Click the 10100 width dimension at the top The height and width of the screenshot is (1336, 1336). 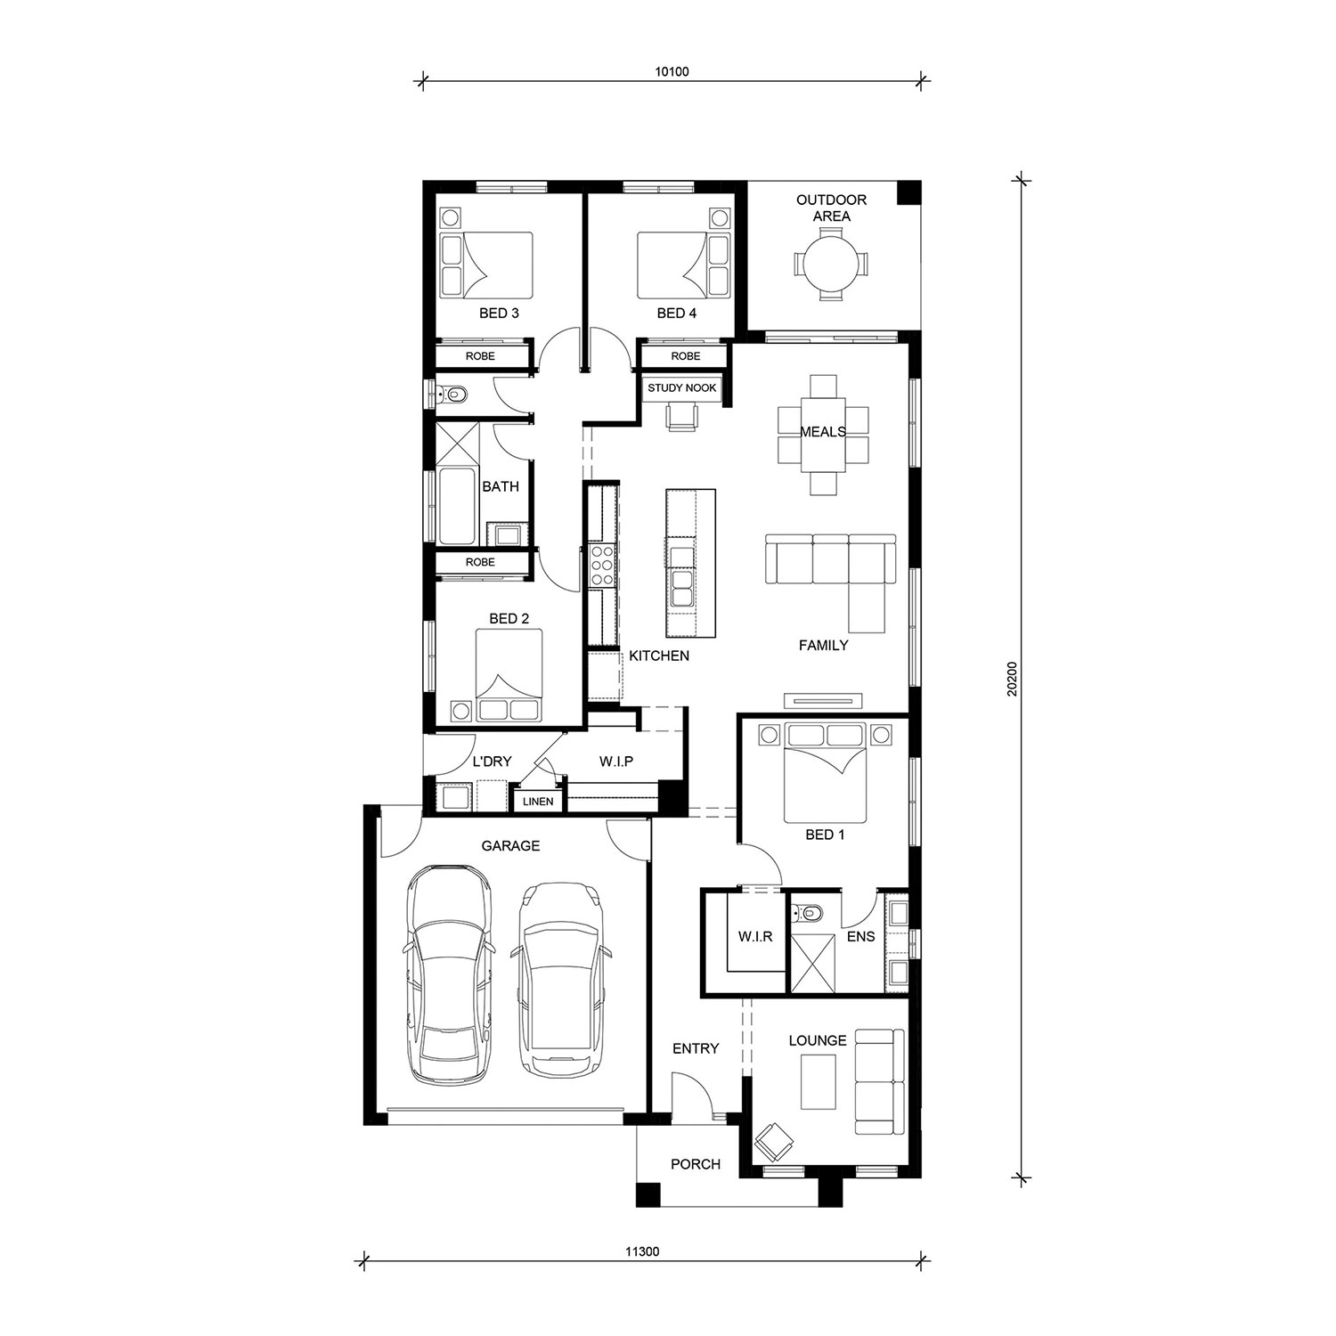pyautogui.click(x=672, y=71)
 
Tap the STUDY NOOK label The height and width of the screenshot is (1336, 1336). pyautogui.click(x=681, y=388)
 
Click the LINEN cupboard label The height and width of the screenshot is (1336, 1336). pyautogui.click(x=538, y=802)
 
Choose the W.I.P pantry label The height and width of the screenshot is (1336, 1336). pyautogui.click(x=615, y=762)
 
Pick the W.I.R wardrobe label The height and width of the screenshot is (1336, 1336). pyautogui.click(x=754, y=937)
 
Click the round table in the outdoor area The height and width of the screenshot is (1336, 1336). pyautogui.click(x=829, y=264)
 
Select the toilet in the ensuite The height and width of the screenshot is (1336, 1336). pyautogui.click(x=806, y=912)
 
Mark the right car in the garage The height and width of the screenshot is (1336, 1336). pyautogui.click(x=559, y=979)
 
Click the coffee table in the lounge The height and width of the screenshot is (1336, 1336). pyautogui.click(x=818, y=1082)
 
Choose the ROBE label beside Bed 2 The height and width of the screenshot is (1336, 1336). pyautogui.click(x=480, y=563)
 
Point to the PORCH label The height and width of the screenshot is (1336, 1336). pyautogui.click(x=696, y=1164)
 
